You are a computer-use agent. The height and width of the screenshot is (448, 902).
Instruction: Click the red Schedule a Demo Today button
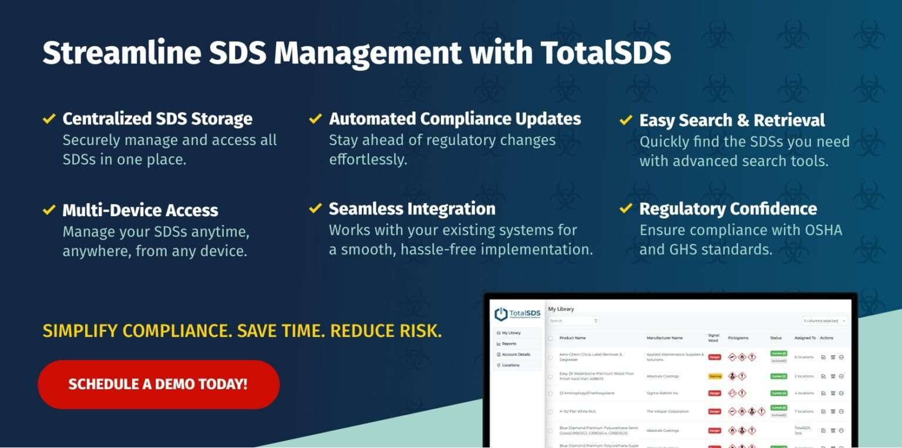coord(158,385)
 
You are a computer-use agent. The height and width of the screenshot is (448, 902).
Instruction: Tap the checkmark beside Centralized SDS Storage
coord(49,119)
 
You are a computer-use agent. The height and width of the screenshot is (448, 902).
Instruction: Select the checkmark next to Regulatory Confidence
coord(625,208)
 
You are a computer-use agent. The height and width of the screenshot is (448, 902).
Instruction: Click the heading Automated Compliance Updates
coord(455,119)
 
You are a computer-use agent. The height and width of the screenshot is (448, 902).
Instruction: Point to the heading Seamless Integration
coord(412,209)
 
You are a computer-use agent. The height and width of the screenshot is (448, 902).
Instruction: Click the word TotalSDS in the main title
coord(605,53)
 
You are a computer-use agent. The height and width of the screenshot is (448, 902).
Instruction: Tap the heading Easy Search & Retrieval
coord(732,120)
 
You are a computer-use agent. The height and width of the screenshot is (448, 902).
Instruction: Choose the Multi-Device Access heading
coord(140,210)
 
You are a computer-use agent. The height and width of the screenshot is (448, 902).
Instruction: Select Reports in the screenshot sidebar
coord(509,343)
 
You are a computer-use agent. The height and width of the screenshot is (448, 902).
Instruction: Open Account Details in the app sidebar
coord(516,355)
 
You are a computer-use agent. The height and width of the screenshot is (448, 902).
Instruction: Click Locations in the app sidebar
coord(510,365)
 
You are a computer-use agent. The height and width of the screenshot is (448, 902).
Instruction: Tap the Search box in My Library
coord(573,321)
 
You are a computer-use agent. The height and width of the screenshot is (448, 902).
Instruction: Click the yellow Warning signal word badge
coord(715,376)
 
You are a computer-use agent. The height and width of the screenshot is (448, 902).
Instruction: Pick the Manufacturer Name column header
coord(664,338)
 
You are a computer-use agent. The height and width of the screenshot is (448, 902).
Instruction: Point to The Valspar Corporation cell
coord(668,412)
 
